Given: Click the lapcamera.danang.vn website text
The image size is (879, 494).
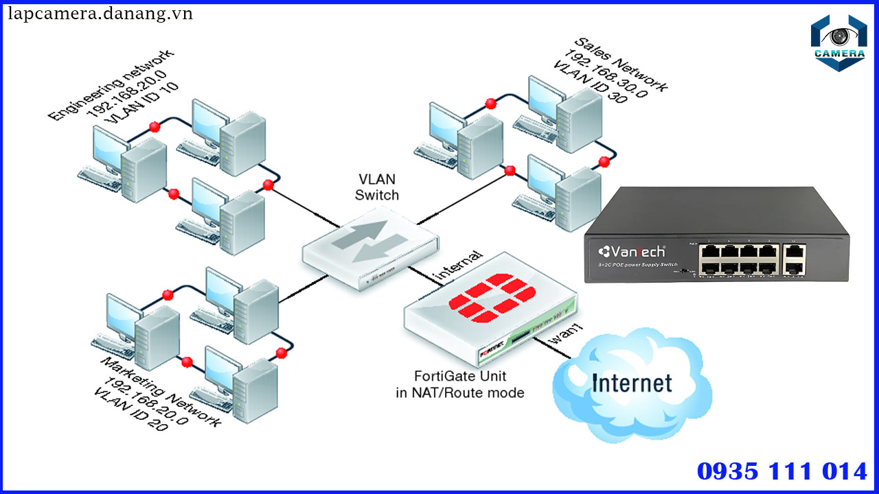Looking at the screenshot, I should pos(100,14).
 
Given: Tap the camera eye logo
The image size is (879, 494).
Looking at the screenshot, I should pos(838,42).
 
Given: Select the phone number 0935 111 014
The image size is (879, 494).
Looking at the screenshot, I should pos(781,472).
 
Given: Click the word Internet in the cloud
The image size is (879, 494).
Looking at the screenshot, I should pos(632,382).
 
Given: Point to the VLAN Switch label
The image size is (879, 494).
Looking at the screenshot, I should pos(376,187).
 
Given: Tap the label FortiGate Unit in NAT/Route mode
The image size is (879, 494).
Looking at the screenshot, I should pos(459,384).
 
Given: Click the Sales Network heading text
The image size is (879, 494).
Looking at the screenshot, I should pos(621,64).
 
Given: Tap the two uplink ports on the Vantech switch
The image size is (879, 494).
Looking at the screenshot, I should pos(795,260).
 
